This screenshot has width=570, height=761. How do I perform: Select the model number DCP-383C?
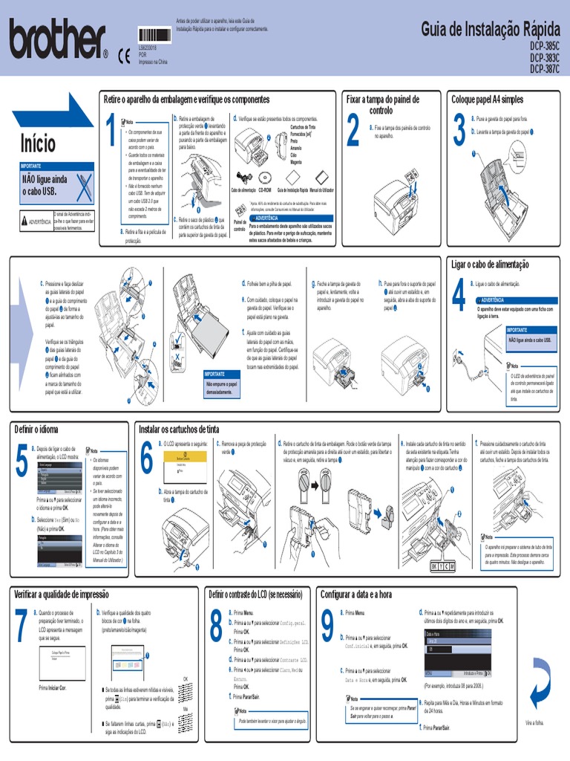pos(545,57)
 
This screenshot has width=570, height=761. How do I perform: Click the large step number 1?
pos(110,132)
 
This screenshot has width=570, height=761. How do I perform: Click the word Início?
pos(38,142)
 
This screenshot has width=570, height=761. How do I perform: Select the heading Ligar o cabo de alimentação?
pos(490,265)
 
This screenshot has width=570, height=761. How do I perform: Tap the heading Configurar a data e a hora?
pos(356,594)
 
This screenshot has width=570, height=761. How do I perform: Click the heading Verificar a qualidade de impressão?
pos(62,594)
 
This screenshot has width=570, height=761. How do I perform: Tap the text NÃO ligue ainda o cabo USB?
pos(45,184)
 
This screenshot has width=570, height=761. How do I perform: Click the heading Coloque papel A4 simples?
pos(487,99)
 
